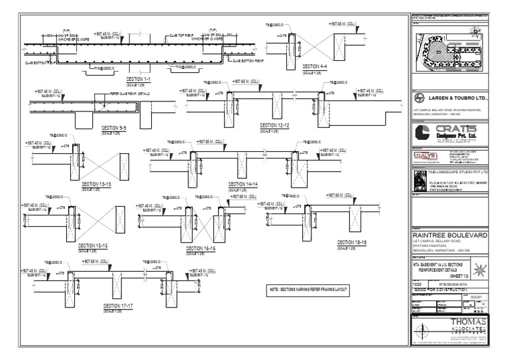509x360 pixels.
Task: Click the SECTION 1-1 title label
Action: (x=140, y=79)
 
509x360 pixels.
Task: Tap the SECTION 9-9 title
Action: (x=115, y=126)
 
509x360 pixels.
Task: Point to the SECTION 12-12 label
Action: (x=275, y=124)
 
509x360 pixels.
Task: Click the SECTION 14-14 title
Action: (x=243, y=184)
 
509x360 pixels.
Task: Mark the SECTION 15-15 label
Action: (x=93, y=245)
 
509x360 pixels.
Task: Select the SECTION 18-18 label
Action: (x=352, y=242)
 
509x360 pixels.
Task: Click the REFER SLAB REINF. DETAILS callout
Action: (x=127, y=95)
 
